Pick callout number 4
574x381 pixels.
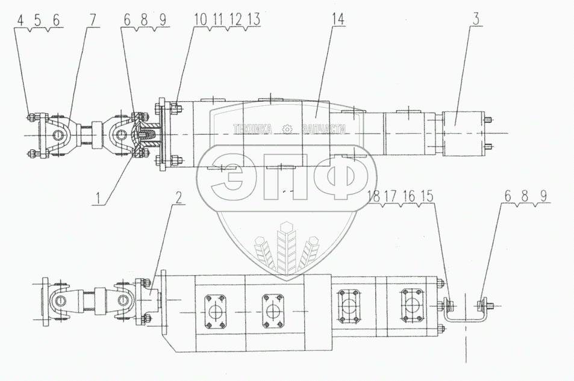click(20, 20)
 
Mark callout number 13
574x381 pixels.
click(256, 20)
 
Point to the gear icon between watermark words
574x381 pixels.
click(287, 128)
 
